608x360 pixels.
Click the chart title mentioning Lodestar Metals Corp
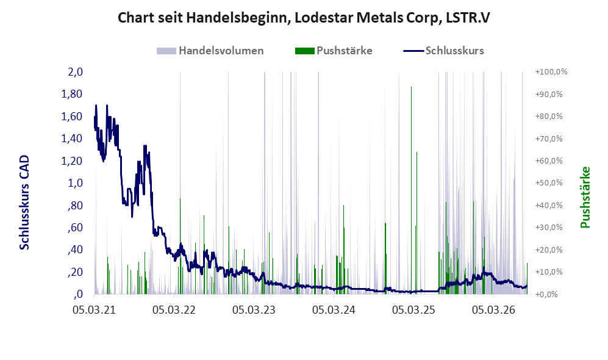[304, 18]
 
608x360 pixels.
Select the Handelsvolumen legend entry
[210, 51]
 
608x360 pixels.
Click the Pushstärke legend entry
[334, 51]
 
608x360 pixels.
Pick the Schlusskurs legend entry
[443, 51]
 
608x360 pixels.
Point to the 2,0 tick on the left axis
[76, 72]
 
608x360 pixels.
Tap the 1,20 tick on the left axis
[72, 160]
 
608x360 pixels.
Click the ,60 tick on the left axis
[75, 228]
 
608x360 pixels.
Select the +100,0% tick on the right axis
[551, 72]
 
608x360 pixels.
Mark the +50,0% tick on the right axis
[549, 182]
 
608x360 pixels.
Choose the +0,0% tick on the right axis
[547, 294]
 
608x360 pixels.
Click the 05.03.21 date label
[95, 310]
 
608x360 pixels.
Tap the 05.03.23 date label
[254, 310]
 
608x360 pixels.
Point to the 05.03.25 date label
[413, 310]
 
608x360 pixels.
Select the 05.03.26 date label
[493, 310]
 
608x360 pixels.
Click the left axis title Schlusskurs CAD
[24, 202]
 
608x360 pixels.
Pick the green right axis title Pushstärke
[585, 197]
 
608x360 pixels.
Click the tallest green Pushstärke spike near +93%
[411, 190]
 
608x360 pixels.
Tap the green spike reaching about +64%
[417, 223]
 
